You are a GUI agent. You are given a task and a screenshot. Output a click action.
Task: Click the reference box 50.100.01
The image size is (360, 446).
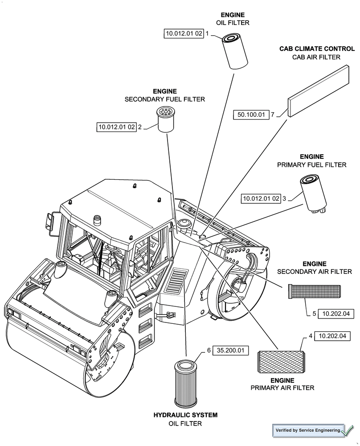point(251,115)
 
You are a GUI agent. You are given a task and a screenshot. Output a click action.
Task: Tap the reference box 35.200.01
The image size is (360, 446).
point(230,351)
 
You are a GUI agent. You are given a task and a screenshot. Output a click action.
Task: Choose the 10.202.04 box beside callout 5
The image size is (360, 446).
point(336,314)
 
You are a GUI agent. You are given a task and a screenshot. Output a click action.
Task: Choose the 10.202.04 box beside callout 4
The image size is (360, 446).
point(332,336)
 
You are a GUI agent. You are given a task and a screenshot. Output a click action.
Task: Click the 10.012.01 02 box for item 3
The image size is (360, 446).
point(261,198)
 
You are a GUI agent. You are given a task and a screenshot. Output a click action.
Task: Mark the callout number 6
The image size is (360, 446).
point(209,351)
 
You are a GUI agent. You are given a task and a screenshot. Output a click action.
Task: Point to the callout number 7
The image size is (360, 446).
point(272,115)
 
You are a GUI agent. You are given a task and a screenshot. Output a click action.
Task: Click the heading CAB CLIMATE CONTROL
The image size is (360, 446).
point(317,49)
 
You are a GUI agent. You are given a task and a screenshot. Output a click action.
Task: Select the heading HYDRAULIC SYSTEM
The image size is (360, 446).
point(185,415)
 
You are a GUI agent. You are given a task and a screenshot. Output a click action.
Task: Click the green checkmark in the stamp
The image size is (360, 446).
point(348,430)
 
